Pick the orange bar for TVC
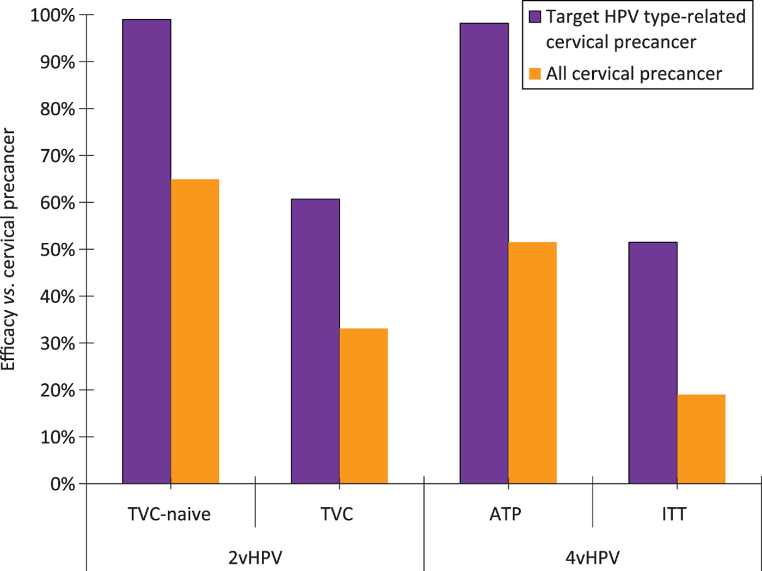(x=364, y=406)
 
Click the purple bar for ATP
(x=484, y=253)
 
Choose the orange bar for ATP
(x=532, y=363)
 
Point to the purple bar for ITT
(x=653, y=363)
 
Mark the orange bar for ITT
(x=701, y=439)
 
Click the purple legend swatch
(x=535, y=17)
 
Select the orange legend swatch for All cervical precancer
(x=535, y=73)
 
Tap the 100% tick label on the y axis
(x=52, y=15)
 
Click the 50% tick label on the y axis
(x=57, y=250)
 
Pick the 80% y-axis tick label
(x=57, y=109)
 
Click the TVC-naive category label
(x=169, y=514)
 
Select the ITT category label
(x=674, y=514)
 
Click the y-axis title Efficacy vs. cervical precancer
(x=9, y=249)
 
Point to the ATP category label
(x=505, y=514)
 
